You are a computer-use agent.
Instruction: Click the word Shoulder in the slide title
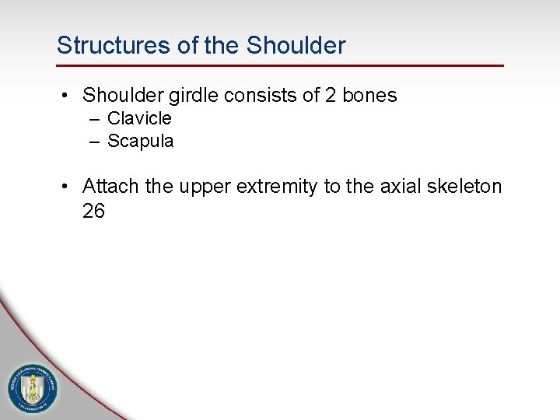(296, 45)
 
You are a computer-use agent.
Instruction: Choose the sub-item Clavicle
(139, 119)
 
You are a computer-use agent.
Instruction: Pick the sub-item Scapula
(140, 142)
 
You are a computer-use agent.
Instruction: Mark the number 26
(93, 211)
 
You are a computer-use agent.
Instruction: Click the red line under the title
(280, 65)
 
